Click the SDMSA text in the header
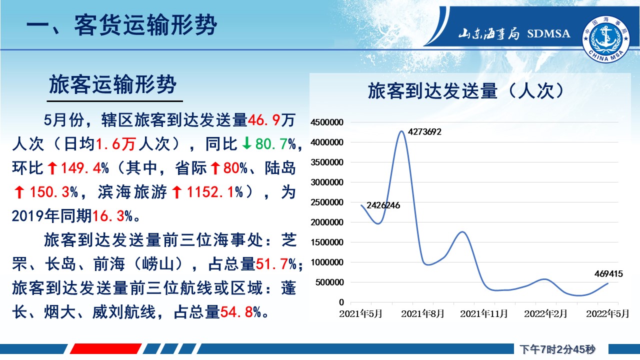point(548,33)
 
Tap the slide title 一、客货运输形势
point(121,25)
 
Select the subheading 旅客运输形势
point(112,84)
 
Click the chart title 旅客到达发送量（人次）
point(466,91)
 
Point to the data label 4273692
point(424,131)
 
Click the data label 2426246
point(383,205)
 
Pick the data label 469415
point(608,273)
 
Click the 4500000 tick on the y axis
point(327,122)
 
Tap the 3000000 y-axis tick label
point(327,182)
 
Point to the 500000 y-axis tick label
point(329,282)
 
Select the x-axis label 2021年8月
point(422,313)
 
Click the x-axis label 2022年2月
point(545,313)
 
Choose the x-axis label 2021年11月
point(483,313)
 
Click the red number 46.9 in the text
point(264,120)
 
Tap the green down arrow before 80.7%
point(246,143)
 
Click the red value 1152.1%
point(215,192)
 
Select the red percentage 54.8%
point(240,312)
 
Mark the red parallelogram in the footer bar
point(105,349)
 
